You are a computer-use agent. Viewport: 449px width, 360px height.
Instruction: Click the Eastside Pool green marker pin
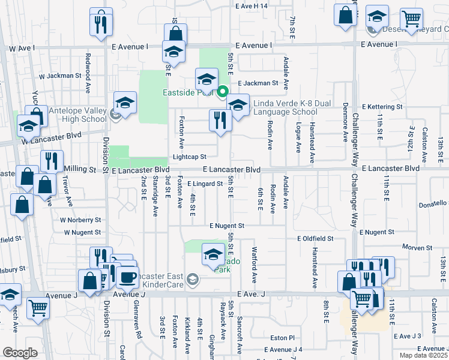222,92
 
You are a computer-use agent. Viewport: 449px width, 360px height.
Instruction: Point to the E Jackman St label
258,83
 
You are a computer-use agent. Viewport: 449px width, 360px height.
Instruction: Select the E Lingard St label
205,184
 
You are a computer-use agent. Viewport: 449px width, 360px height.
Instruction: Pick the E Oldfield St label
315,238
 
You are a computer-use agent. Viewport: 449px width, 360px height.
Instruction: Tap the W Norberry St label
80,220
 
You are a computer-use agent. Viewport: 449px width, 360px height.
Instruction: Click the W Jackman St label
59,76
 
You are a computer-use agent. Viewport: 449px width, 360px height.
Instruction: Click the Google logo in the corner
19,353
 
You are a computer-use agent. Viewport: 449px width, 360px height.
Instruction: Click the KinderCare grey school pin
192,278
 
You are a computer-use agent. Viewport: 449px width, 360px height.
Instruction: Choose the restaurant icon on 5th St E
220,121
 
